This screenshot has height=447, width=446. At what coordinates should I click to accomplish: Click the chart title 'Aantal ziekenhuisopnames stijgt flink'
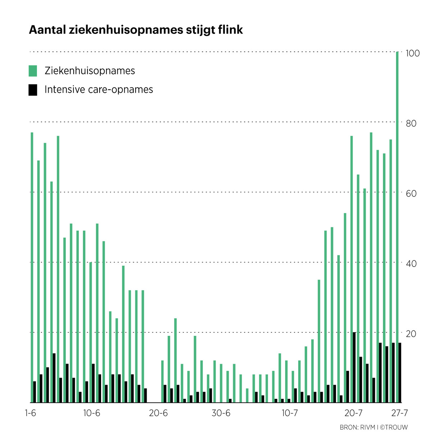point(136,30)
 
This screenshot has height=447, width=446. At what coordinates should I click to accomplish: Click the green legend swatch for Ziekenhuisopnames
point(33,71)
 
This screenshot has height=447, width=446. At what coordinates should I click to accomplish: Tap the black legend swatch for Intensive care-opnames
point(33,90)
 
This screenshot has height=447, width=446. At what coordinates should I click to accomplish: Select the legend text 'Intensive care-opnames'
point(99,90)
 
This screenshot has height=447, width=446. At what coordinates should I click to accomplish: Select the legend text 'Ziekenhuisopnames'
point(90,71)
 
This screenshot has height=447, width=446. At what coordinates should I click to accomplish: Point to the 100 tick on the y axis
point(412,53)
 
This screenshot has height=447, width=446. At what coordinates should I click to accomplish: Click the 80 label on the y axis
point(411,123)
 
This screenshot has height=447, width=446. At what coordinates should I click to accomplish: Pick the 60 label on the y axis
point(411,193)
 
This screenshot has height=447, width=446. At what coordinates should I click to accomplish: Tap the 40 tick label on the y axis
point(411,264)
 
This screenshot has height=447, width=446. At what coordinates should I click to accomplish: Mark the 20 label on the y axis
point(411,334)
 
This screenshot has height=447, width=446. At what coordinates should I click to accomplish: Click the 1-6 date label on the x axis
point(31,413)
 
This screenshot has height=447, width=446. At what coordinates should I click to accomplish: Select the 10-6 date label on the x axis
point(92,413)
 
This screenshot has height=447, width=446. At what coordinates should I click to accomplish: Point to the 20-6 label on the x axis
point(158,413)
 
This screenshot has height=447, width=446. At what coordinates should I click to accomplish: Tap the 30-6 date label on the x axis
point(221,413)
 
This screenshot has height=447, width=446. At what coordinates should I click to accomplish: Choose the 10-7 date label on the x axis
point(290,413)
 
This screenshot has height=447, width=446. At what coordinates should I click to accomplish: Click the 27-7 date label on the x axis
point(400,413)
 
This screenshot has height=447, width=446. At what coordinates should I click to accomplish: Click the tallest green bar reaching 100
point(397,227)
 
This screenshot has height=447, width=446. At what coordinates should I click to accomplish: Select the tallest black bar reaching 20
point(354,367)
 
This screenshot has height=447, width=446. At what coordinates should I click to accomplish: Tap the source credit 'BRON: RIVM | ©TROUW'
point(374,427)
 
